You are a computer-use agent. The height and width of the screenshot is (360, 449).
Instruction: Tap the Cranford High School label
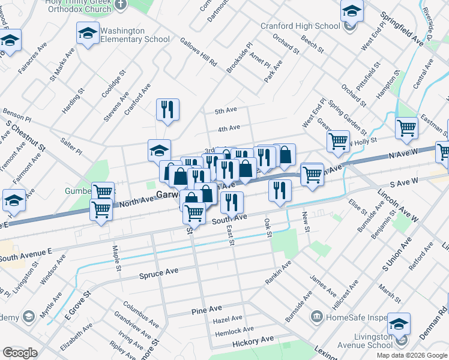[x=300, y=26]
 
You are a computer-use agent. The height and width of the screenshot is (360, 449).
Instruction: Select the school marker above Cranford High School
[x=352, y=12]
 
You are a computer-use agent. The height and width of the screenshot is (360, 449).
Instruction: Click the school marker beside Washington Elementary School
[x=88, y=34]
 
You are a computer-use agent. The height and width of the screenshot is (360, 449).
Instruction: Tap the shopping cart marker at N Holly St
[x=338, y=141]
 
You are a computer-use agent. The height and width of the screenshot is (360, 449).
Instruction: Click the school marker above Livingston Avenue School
[x=399, y=324]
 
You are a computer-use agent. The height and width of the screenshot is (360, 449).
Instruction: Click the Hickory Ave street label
[x=252, y=340]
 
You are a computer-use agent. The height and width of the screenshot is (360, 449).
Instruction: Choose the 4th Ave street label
[x=229, y=128]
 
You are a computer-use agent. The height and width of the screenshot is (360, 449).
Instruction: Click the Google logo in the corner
[x=19, y=353]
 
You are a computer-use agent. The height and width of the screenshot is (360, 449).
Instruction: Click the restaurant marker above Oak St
[x=280, y=190]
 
